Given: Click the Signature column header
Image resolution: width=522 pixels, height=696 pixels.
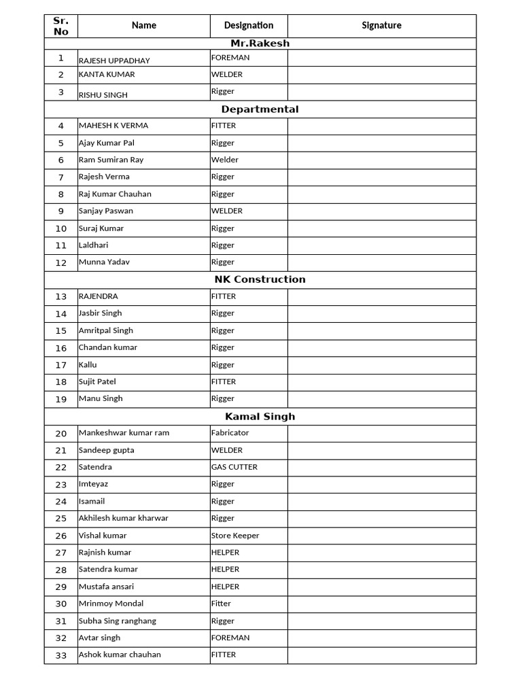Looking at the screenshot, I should point(381,26).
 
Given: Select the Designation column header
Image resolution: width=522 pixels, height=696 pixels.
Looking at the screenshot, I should point(249,26).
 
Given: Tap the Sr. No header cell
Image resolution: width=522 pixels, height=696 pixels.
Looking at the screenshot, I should point(61,26).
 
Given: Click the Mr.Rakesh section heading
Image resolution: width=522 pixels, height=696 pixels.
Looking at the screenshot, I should point(260,43).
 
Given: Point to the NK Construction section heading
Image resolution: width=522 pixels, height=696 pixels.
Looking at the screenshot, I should point(260,279).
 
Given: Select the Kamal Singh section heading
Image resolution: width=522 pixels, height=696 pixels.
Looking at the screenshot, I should point(260,417).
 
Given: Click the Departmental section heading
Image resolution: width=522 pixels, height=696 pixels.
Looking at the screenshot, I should point(260,109).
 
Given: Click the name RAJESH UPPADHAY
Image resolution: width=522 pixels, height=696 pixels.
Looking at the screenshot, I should point(114,60).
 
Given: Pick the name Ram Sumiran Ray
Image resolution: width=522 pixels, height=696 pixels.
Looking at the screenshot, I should point(111,160).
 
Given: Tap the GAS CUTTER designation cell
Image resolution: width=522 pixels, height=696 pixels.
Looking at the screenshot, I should point(234,467).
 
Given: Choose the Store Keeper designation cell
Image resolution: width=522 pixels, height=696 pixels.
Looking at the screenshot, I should point(234,536).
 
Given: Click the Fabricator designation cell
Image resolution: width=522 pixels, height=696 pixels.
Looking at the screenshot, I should point(230,433).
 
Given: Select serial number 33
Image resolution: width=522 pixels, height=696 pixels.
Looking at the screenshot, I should point(61,655).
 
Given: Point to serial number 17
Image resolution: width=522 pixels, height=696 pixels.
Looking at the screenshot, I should point(61,365).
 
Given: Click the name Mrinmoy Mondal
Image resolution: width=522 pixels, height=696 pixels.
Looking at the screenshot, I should point(111,604).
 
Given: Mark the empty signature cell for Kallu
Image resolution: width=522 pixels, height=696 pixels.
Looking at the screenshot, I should point(381,365).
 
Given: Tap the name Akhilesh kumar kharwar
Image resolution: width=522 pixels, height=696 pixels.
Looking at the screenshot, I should point(123,518).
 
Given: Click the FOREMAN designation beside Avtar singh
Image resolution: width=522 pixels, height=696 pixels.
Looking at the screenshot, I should point(230,638).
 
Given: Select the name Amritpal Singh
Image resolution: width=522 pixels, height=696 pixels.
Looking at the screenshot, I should point(105,330).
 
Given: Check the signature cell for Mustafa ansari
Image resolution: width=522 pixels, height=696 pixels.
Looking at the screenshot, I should point(381,587).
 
